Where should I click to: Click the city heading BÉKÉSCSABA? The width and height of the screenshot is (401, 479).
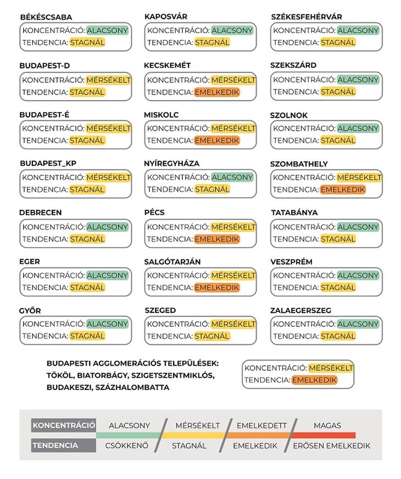[46, 17]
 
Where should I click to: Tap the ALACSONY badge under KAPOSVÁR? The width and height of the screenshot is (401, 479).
[232, 30]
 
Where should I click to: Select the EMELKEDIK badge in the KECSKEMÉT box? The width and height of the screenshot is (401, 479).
[217, 92]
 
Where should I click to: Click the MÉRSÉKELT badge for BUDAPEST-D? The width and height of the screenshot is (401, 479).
[108, 80]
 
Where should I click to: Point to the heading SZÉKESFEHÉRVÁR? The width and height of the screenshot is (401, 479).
[307, 17]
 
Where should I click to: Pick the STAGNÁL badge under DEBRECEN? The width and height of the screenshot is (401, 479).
[87, 239]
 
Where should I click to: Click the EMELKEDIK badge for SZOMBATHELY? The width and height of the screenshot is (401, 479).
[343, 190]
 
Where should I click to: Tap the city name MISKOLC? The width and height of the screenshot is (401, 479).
[161, 115]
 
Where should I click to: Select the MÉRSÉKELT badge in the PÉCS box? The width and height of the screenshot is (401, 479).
[233, 227]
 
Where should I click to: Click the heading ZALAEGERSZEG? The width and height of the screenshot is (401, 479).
[300, 310]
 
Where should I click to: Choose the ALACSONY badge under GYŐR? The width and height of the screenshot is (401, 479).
[107, 324]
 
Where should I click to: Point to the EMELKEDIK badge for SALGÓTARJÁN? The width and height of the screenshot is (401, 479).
[217, 287]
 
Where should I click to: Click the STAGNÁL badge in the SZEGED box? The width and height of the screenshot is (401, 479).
[212, 336]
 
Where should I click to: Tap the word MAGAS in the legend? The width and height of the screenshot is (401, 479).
[327, 425]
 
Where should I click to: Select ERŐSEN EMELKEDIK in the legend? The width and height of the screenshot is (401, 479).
[332, 445]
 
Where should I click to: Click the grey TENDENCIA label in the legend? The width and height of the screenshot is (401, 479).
[55, 445]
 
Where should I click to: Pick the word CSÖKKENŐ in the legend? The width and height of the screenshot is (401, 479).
[127, 445]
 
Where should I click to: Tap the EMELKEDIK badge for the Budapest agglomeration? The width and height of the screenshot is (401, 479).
[314, 380]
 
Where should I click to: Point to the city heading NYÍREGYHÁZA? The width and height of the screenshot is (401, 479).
[172, 164]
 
